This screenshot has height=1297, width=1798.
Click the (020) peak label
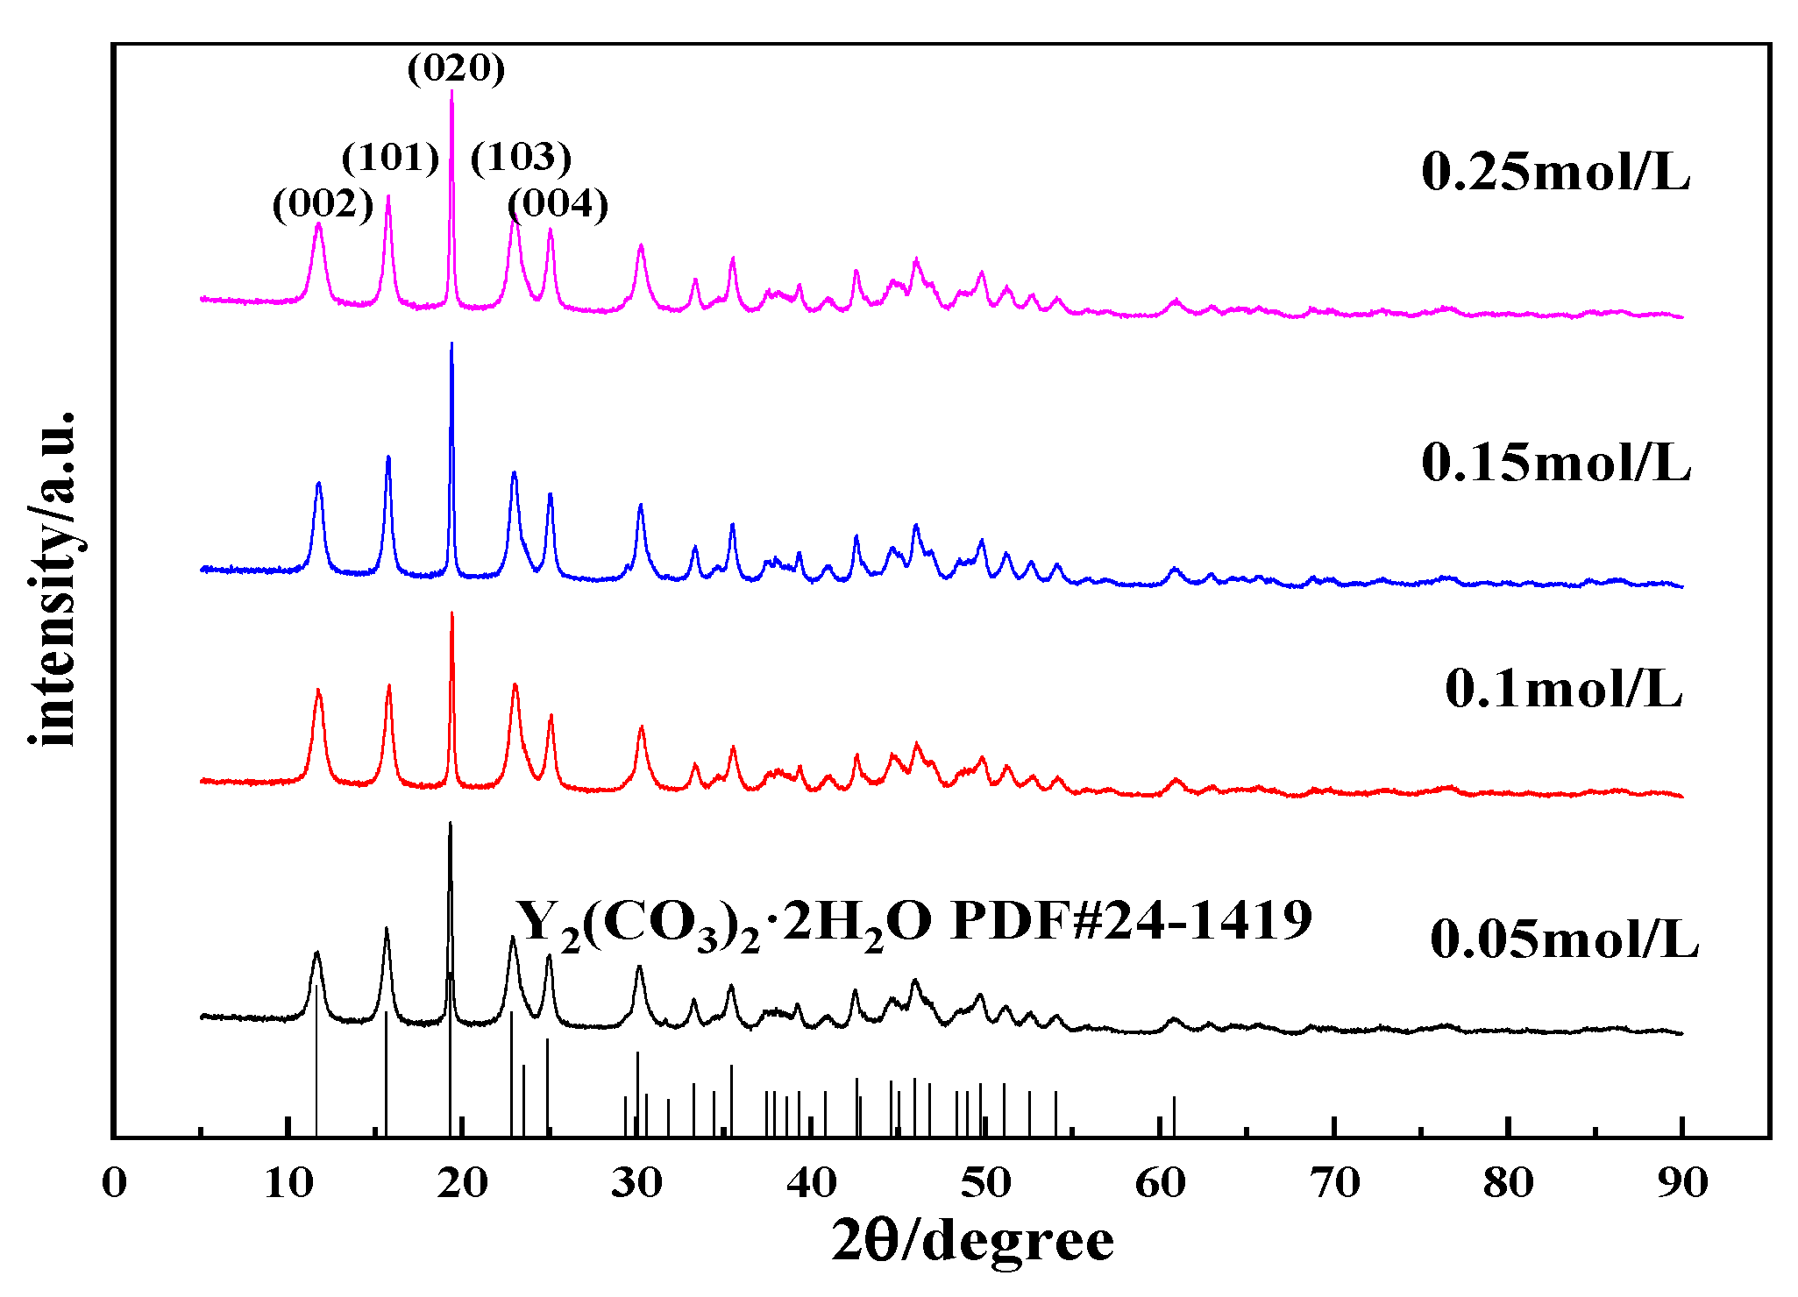456,68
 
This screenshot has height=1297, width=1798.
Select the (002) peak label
323,204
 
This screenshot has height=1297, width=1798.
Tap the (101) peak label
390,158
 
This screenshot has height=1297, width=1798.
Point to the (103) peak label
521,158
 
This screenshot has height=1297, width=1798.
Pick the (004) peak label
558,204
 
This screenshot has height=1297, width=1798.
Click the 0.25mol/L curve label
1555,172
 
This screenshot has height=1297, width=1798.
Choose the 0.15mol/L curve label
1555,462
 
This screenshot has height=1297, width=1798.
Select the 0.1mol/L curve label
1563,689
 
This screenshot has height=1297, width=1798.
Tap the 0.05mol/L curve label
1564,939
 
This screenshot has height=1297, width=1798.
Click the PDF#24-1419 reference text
1131,920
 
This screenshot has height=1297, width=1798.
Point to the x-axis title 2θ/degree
972,1241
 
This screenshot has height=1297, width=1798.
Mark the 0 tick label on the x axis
114,1183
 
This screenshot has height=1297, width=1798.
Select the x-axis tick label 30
636,1183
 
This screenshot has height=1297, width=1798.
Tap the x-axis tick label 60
1160,1183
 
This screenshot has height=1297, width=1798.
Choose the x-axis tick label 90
1682,1183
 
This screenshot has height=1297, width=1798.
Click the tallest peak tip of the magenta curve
451,91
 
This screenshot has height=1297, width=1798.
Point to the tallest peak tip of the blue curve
451,344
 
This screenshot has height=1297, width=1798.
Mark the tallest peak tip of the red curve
451,613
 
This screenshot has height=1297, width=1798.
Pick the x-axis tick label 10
288,1183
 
